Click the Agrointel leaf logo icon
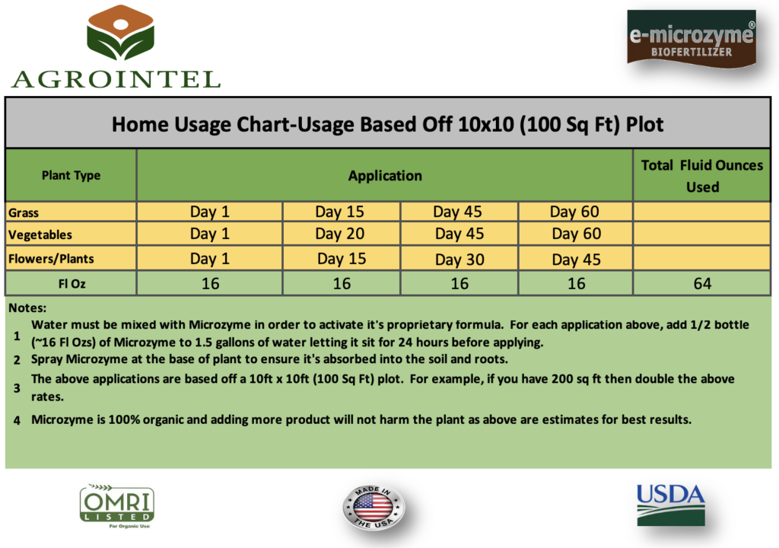(120, 32)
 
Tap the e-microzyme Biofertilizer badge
(692, 39)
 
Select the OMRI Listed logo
(117, 505)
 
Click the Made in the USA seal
(374, 508)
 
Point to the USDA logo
(671, 505)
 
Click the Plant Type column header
(71, 176)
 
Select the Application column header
(385, 176)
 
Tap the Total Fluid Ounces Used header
(702, 176)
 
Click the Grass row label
(24, 213)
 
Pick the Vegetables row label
(40, 234)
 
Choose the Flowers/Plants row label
(51, 259)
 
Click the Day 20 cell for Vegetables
(340, 234)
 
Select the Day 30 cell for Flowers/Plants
(459, 260)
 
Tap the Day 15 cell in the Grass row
(340, 212)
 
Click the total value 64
(702, 283)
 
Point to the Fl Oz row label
(72, 284)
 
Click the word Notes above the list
(27, 307)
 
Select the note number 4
(17, 421)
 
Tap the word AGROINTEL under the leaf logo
(116, 80)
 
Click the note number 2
(17, 360)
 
